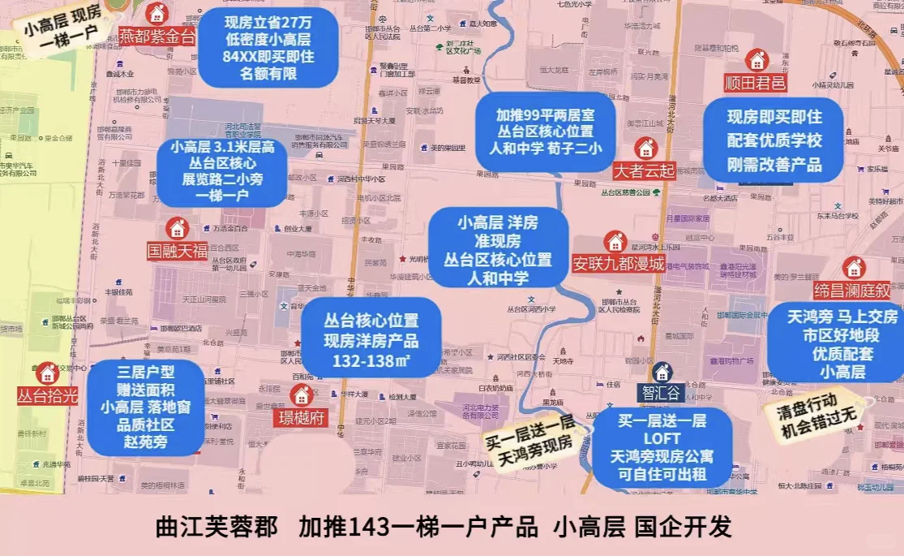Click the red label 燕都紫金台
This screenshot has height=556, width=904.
tap(157, 37)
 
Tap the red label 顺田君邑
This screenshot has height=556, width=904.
tap(756, 83)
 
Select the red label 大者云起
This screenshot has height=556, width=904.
tap(645, 170)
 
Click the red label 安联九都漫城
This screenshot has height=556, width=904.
tap(618, 263)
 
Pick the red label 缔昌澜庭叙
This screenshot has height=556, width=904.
tap(852, 291)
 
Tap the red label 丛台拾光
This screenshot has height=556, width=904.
tap(47, 395)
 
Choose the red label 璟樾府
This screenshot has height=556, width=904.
tap(302, 417)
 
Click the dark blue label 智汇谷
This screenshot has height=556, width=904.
tap(662, 393)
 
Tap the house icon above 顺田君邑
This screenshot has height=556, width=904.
tap(756, 60)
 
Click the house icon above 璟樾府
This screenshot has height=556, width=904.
tap(302, 395)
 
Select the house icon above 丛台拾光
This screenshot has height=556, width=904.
tap(47, 373)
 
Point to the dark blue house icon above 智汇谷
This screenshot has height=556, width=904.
tap(662, 372)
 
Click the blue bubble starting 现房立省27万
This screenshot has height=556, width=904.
tap(268, 48)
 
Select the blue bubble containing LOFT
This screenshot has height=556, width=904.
tap(662, 447)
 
